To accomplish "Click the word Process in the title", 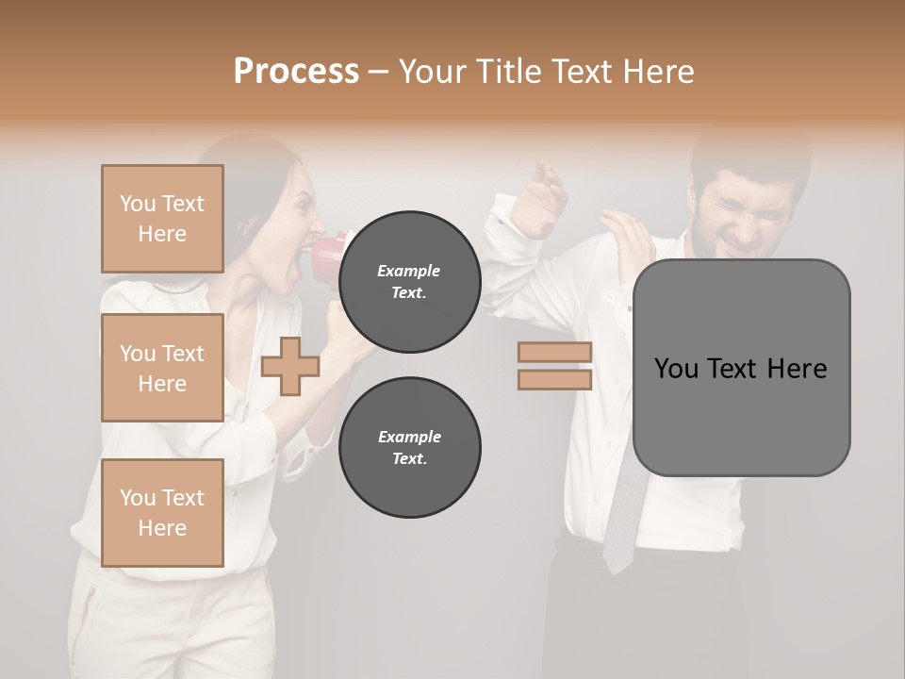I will pos(296,72).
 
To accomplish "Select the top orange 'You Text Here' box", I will pos(162,219).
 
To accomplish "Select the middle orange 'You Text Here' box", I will pos(162,368).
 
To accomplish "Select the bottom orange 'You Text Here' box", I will pos(162,513).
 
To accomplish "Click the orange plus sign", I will pos(290,366).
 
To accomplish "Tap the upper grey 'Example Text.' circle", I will pos(409,281).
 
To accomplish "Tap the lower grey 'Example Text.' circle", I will pos(409,447).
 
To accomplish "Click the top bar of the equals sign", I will pos(554,353).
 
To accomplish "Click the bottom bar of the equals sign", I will pos(554,379).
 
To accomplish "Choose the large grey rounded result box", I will pos(741,368).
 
